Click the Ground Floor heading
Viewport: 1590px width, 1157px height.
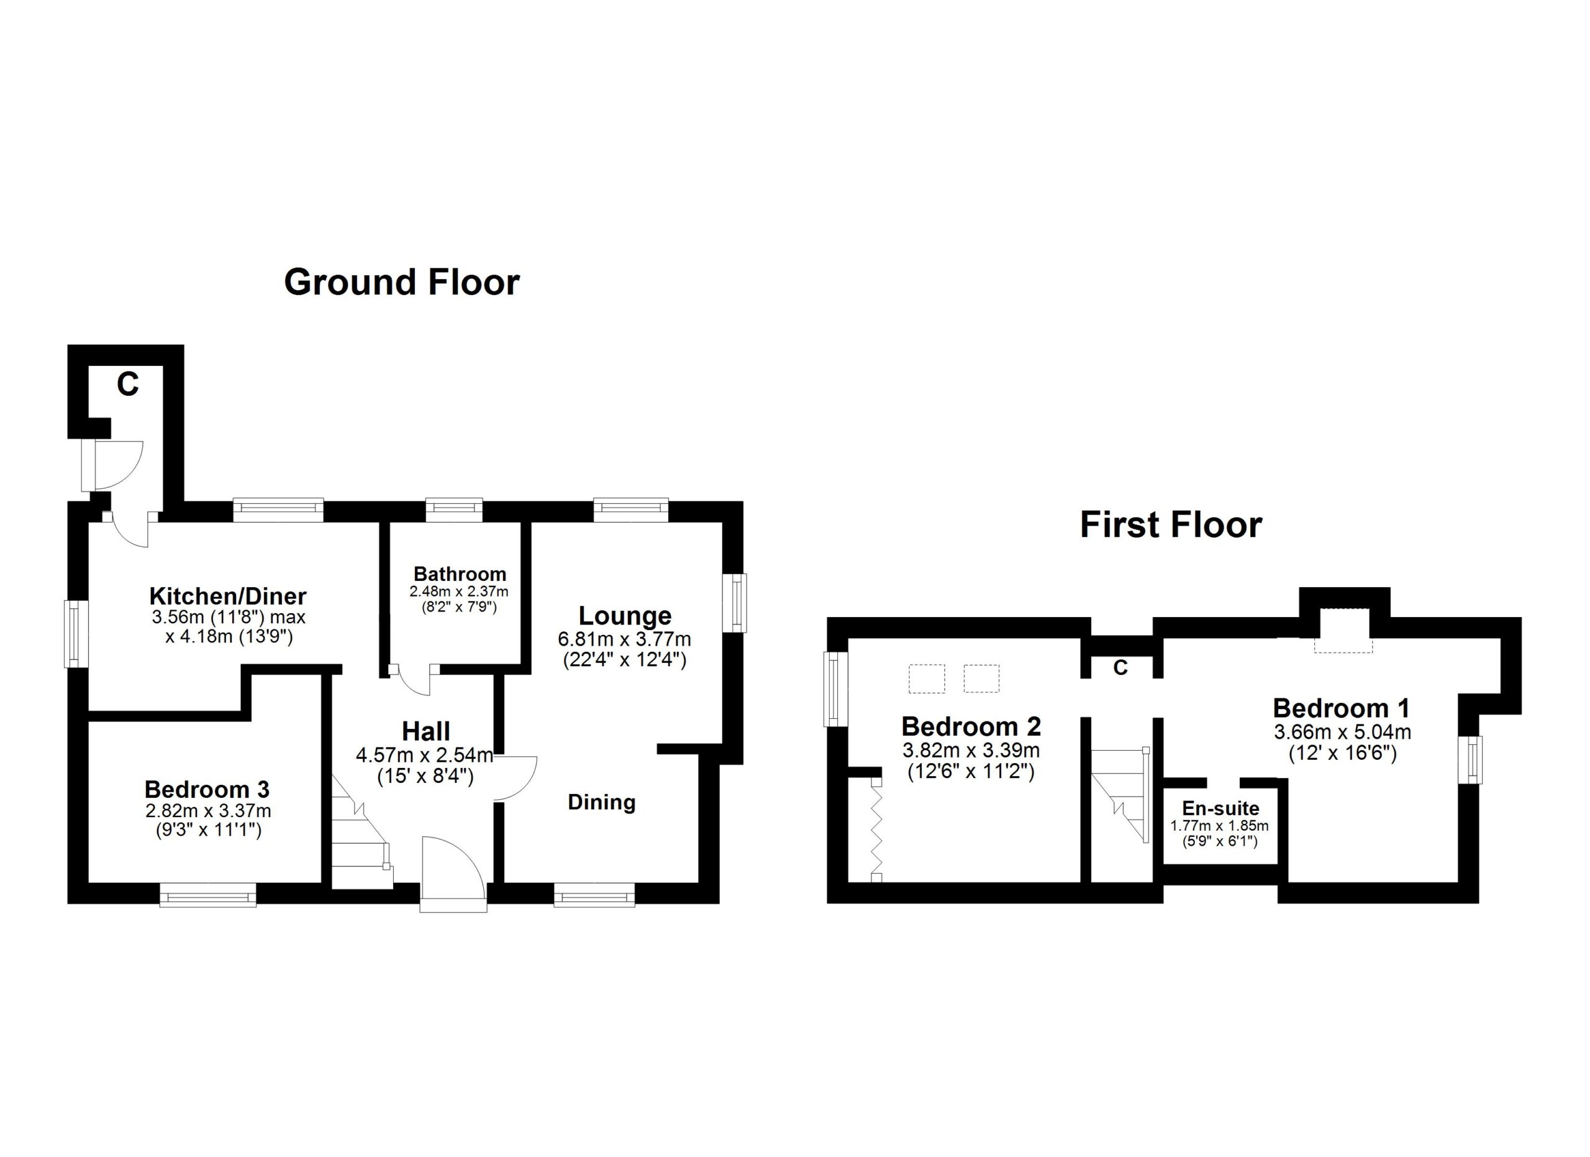click(x=402, y=282)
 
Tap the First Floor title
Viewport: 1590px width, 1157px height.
click(x=1171, y=525)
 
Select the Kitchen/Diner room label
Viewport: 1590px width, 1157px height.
click(x=228, y=597)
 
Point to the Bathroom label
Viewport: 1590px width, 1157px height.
click(x=460, y=574)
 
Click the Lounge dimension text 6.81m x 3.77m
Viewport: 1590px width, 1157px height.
click(x=625, y=639)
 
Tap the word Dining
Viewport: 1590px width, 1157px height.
click(x=601, y=802)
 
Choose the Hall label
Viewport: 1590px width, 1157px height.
click(x=425, y=732)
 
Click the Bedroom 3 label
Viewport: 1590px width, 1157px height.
click(x=207, y=790)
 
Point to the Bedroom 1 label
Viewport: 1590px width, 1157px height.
click(x=1341, y=708)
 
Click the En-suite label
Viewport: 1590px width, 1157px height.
click(x=1220, y=808)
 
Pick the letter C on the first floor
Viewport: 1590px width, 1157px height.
click(x=1120, y=668)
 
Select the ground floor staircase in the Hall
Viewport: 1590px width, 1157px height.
click(x=361, y=831)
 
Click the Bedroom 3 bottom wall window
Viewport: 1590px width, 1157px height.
click(x=207, y=895)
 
